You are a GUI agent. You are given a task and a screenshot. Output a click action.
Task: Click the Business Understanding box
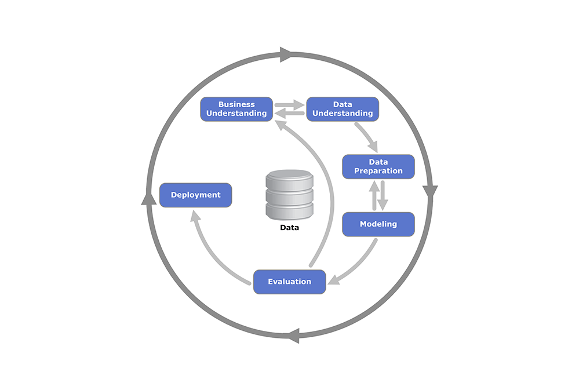click(236, 109)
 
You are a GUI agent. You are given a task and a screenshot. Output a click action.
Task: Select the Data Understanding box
click(343, 109)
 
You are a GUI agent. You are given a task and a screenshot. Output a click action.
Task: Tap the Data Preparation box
click(378, 166)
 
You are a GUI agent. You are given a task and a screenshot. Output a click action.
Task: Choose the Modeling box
click(378, 224)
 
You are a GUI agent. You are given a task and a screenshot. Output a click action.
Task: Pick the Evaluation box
click(289, 282)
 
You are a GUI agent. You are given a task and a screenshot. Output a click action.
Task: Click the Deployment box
click(195, 195)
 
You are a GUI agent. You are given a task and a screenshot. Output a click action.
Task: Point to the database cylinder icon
click(289, 195)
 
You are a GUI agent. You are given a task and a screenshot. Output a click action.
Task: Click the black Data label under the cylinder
click(289, 228)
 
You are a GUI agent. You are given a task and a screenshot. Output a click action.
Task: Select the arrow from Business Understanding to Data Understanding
click(289, 105)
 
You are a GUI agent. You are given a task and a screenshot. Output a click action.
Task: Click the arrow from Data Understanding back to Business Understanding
click(289, 114)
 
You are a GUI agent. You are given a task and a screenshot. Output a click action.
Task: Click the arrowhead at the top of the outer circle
click(286, 54)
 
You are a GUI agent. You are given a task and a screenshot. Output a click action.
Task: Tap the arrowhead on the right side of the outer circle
click(431, 192)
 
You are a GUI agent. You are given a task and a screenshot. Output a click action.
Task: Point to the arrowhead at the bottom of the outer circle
click(293, 336)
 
